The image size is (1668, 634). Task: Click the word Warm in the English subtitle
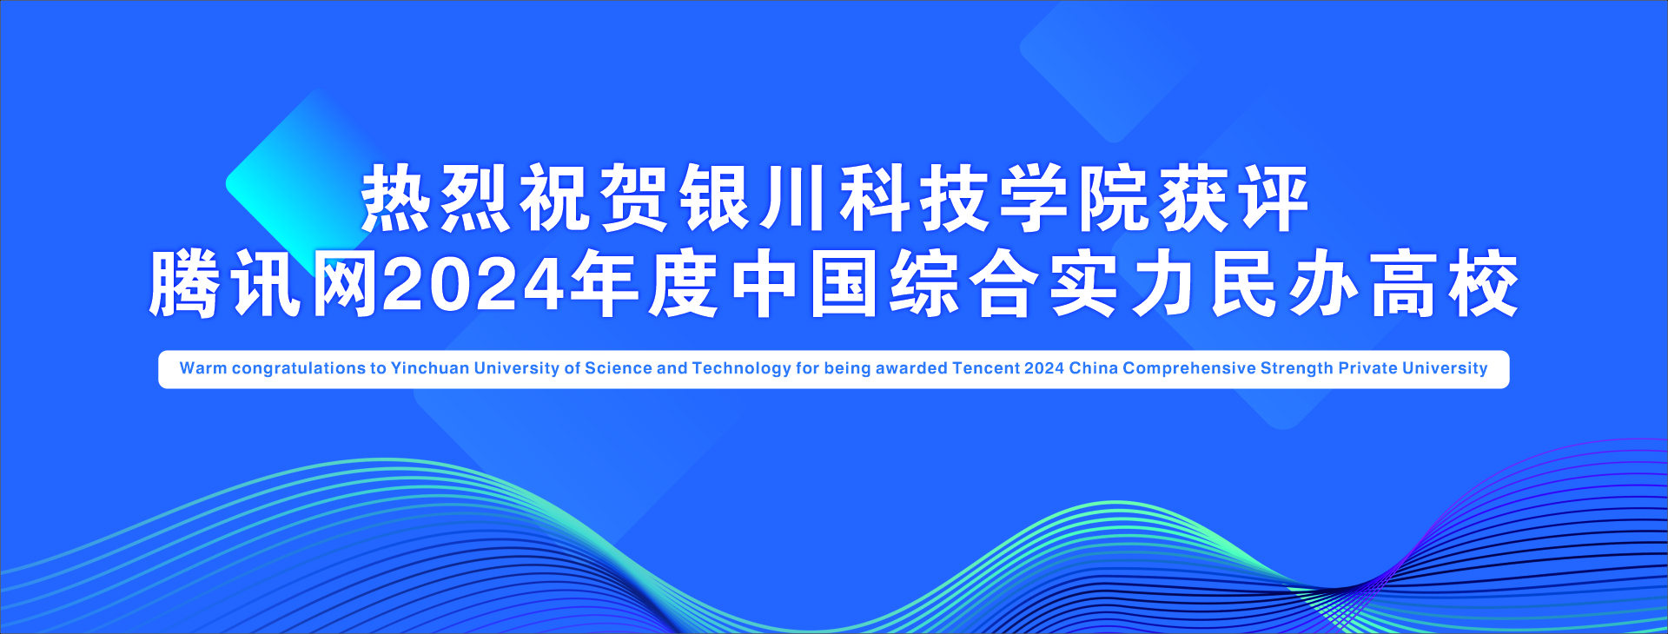(x=202, y=368)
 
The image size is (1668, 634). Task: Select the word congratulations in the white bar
(x=298, y=369)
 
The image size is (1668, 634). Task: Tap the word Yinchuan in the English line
(x=430, y=368)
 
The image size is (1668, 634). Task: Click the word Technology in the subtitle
(x=741, y=369)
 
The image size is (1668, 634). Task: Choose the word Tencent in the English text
(x=986, y=368)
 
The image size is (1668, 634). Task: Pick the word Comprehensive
(x=1189, y=369)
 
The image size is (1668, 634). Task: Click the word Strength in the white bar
(x=1296, y=369)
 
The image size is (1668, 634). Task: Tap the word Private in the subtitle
(x=1367, y=368)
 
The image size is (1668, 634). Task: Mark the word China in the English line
(x=1093, y=368)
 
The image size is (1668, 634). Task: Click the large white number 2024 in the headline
(x=474, y=285)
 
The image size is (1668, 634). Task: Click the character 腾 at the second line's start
(x=183, y=285)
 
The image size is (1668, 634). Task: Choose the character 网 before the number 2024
(x=345, y=285)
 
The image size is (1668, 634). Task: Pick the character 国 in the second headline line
(x=844, y=285)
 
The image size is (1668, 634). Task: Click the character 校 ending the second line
(x=1484, y=285)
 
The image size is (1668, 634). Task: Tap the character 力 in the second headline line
(x=1164, y=285)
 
